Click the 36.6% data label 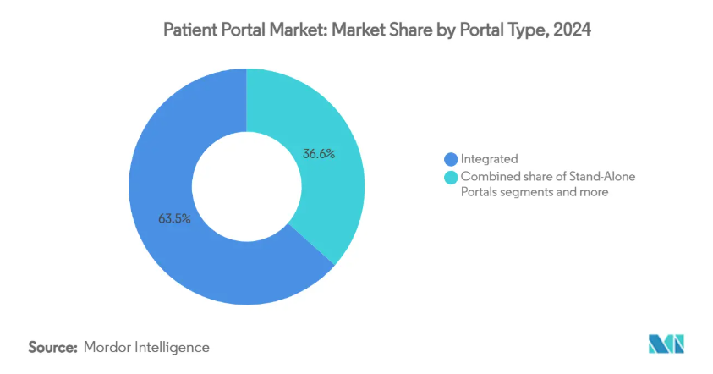(x=319, y=154)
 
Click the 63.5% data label (x=174, y=219)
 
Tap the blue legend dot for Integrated (x=451, y=159)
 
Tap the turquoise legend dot (x=451, y=178)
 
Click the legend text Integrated (x=489, y=159)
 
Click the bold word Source (x=52, y=348)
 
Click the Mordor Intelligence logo (x=666, y=344)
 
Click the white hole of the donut (x=246, y=186)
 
